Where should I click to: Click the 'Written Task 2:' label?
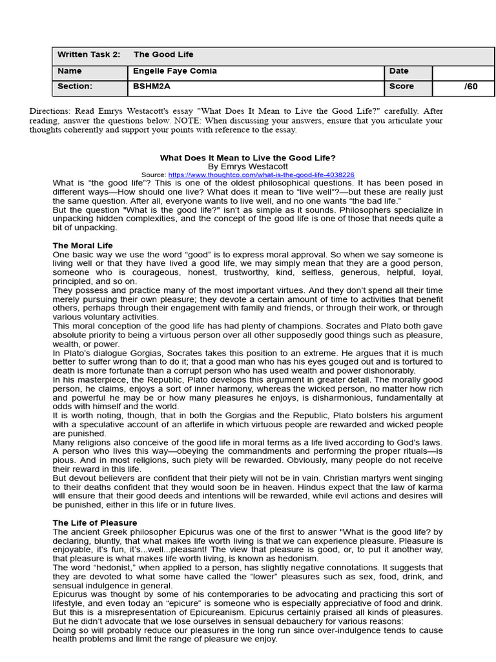(88, 55)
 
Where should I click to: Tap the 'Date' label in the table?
(399, 71)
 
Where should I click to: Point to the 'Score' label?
(402, 87)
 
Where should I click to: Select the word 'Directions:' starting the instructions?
(50, 111)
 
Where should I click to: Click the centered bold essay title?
(248, 158)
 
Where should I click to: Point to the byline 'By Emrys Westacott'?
(248, 166)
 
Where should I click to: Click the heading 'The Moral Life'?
(83, 246)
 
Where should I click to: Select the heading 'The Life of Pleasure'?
(94, 522)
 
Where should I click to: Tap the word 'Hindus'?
(292, 487)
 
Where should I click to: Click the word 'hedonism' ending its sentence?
(296, 558)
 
